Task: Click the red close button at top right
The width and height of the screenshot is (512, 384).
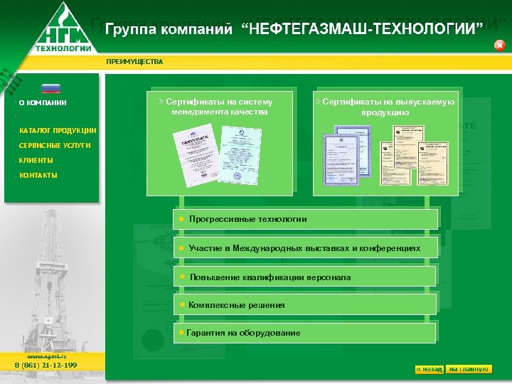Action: [x=499, y=46]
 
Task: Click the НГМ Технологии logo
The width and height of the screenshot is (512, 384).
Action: [x=64, y=28]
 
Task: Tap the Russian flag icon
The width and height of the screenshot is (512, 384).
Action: [x=51, y=89]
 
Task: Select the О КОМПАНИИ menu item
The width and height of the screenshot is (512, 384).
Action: [x=43, y=102]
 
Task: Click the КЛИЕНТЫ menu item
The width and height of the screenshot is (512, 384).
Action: [x=36, y=161]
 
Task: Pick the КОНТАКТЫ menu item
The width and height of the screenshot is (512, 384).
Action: [x=38, y=175]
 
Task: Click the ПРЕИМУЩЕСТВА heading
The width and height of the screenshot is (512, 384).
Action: [x=134, y=62]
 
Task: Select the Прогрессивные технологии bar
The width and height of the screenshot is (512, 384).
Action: [x=306, y=219]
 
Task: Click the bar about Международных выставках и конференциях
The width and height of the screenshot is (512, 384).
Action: [x=306, y=248]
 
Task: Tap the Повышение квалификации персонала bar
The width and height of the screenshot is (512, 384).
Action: [x=306, y=277]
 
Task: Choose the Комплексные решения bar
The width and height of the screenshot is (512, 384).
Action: [x=306, y=305]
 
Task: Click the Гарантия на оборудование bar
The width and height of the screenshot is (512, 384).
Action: [x=306, y=333]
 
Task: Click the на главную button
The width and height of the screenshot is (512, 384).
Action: [x=469, y=369]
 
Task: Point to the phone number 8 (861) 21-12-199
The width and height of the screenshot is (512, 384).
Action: [x=46, y=366]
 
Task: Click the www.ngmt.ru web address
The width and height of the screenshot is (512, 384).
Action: [x=46, y=356]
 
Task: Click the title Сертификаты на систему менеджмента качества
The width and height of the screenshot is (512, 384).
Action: [x=220, y=107]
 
